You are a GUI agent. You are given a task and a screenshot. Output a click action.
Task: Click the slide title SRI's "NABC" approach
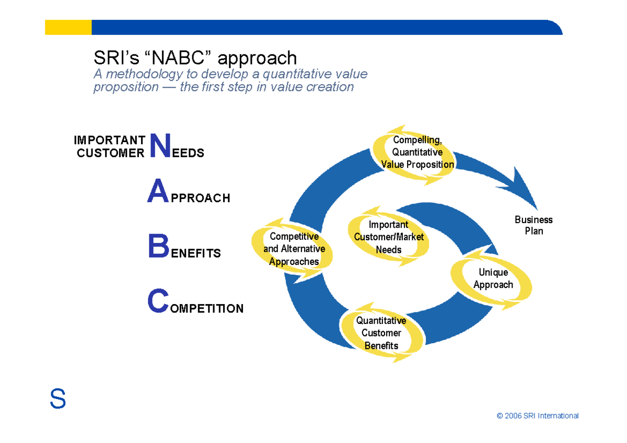195,58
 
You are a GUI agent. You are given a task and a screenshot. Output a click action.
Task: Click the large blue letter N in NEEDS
160,146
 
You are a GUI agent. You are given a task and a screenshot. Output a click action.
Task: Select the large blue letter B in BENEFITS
158,247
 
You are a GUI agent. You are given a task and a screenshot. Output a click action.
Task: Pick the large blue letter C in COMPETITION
158,302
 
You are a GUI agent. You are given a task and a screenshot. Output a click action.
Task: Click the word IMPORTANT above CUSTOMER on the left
110,140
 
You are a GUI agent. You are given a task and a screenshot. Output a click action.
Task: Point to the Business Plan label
533,225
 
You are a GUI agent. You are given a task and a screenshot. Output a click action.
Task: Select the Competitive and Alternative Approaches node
294,249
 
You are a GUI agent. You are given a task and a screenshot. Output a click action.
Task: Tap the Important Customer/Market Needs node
389,237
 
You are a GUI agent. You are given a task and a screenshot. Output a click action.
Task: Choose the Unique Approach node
493,278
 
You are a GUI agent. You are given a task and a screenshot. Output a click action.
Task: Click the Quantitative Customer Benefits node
381,333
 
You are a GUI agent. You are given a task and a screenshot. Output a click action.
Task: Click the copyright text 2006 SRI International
538,416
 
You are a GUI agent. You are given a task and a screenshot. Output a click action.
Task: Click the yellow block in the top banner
68,27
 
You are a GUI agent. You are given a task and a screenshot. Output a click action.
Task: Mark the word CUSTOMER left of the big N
110,153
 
